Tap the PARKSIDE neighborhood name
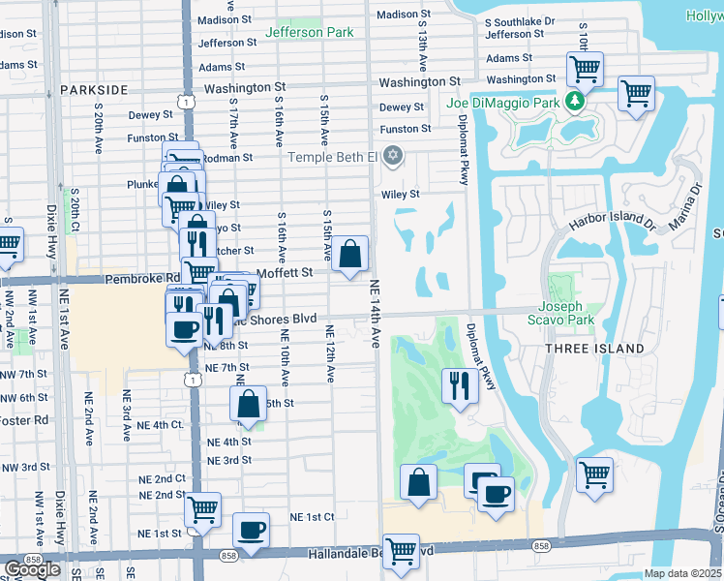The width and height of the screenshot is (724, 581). pos(94,89)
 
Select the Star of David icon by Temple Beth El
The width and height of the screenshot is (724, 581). pos(392,156)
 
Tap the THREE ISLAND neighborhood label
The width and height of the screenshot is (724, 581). pos(594,349)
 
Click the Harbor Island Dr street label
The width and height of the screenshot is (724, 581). pos(612,222)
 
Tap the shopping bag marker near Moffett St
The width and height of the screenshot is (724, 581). pos(352,255)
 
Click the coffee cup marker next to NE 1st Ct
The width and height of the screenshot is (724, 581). pos(251,530)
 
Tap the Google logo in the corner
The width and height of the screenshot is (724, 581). pos(32,569)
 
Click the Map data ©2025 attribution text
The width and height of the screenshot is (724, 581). pos(683,573)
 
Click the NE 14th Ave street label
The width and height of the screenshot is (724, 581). pos(375,315)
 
